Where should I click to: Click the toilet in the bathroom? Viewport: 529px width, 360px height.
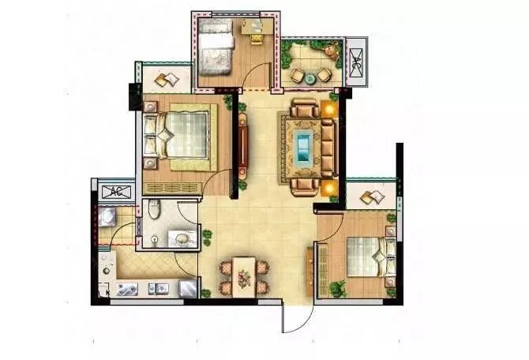[154, 209]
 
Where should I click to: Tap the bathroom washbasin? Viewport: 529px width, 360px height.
[182, 238]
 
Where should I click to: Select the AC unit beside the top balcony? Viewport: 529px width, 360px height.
[357, 62]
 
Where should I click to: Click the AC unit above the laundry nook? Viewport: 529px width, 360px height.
[116, 192]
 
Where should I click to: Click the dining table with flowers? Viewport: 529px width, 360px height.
[244, 277]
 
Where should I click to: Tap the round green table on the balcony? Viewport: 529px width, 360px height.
[310, 79]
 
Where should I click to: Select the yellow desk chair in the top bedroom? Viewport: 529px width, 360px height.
[257, 39]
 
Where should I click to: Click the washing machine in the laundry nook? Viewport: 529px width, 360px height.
[107, 217]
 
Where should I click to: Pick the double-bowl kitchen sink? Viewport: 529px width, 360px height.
[159, 288]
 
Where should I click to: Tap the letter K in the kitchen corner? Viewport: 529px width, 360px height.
[107, 292]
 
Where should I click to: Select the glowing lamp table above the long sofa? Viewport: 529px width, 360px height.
[329, 109]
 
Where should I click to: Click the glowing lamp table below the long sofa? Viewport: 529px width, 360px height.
[329, 188]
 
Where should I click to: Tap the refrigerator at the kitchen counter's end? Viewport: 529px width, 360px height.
[188, 288]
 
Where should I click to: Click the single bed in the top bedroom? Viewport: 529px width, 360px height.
[216, 47]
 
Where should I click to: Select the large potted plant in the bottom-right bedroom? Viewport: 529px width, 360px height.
[338, 289]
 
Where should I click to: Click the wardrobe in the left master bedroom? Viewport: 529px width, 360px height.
[172, 188]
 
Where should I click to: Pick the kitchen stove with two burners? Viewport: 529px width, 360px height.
[127, 290]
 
